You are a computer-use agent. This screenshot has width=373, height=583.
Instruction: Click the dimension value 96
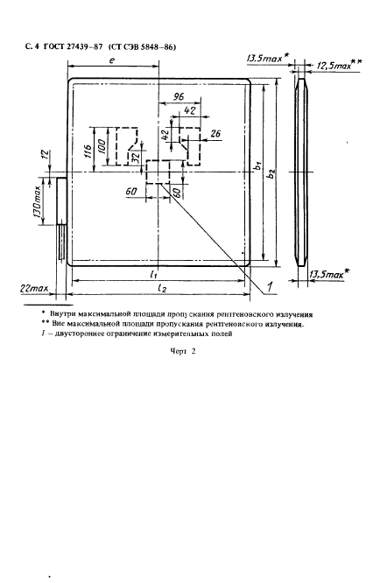pos(179,96)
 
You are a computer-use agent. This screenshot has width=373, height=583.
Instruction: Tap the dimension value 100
pos(102,145)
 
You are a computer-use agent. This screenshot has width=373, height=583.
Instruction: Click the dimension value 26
pos(215,133)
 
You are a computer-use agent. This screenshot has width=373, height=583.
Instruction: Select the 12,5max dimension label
pos(334,66)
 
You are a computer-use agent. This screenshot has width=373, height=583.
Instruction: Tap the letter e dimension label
pos(112,60)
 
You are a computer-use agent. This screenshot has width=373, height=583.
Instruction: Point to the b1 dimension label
pos(257,166)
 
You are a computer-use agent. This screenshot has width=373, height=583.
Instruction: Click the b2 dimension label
pos(271,172)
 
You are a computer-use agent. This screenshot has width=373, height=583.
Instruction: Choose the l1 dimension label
pos(153,275)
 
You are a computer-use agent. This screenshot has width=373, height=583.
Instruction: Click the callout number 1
pos(271,286)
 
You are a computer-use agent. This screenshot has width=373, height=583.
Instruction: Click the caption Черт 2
pos(183,351)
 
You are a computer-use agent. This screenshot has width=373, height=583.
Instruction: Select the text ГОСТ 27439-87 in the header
pos(73,47)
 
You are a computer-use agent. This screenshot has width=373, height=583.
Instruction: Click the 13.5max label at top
pos(264,59)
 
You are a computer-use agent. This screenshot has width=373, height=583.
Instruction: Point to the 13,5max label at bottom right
pos(325,274)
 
